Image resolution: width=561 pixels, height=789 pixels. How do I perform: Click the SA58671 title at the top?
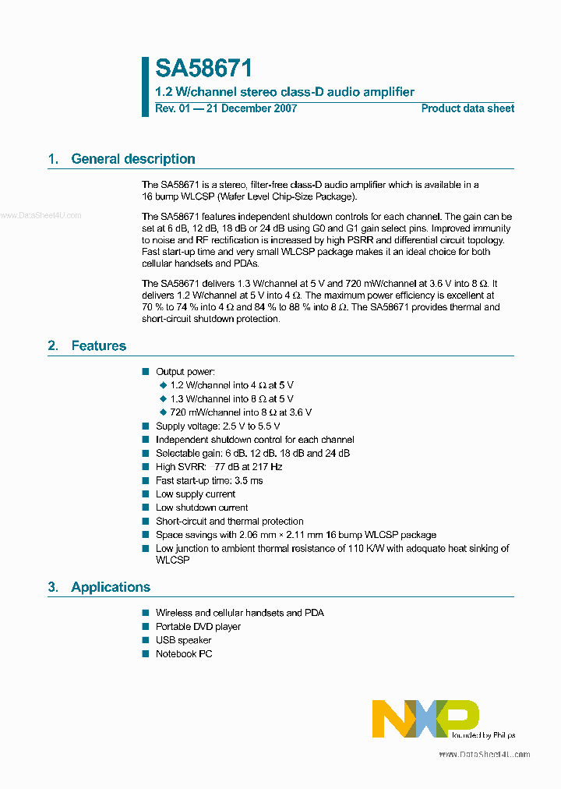click(203, 69)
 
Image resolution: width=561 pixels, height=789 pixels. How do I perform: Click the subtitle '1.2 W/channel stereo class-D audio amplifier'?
click(284, 92)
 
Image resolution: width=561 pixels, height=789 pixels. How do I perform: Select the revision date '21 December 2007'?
click(250, 108)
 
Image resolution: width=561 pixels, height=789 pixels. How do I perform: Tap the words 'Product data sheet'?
click(467, 108)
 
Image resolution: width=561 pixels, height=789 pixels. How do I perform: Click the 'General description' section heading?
click(132, 159)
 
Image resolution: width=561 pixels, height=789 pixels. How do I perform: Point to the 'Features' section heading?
click(98, 346)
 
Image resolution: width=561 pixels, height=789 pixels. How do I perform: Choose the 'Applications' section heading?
click(111, 587)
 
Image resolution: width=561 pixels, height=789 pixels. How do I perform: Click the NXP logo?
click(425, 718)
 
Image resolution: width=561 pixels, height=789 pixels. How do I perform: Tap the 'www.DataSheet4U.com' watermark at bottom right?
click(484, 755)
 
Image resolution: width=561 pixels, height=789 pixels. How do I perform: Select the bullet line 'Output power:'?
click(185, 372)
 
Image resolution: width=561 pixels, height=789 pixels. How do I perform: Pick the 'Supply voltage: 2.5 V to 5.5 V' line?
click(217, 426)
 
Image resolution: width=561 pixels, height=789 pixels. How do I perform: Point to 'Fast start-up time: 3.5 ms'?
click(209, 480)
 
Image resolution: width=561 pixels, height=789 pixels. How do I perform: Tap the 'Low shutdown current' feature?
click(202, 508)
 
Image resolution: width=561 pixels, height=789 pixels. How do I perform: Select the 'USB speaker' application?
click(183, 640)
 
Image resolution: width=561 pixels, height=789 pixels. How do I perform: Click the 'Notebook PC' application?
click(183, 654)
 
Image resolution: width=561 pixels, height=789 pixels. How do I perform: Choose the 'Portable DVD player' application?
click(198, 627)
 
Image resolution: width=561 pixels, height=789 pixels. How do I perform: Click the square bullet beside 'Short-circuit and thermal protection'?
click(145, 522)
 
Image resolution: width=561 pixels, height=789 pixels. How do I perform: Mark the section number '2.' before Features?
click(53, 346)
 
